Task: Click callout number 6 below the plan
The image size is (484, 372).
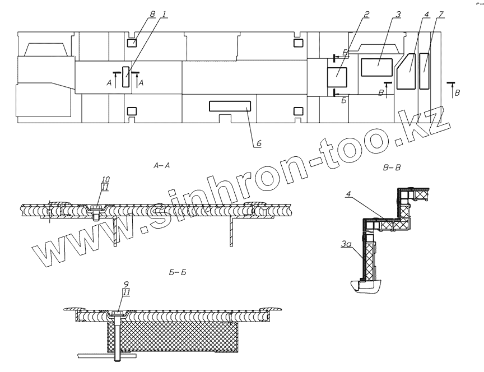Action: click(259, 144)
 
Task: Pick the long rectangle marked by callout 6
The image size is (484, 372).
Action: click(230, 106)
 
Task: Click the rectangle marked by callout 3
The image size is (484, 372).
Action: click(376, 67)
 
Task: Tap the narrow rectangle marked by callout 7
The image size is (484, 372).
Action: click(425, 71)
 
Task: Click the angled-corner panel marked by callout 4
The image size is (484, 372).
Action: click(407, 72)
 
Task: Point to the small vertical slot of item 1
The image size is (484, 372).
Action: click(126, 76)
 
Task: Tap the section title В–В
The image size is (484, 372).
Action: click(394, 166)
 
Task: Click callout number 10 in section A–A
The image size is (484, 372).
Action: click(105, 180)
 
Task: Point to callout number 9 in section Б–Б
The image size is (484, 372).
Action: click(127, 283)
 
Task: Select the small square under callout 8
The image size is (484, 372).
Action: click(133, 42)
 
